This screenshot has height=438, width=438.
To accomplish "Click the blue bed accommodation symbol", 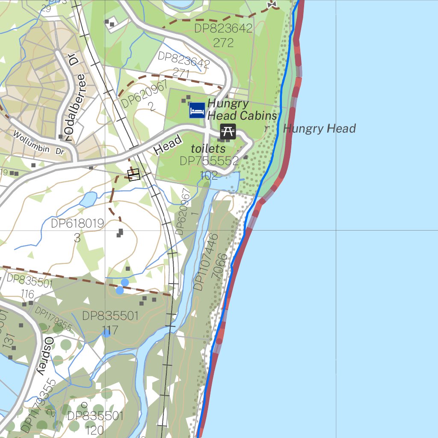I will (197, 110).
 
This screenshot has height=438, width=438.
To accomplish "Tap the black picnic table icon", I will (228, 131).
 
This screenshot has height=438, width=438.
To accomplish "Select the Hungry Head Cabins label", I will (242, 109).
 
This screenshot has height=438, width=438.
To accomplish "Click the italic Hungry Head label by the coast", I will (319, 129).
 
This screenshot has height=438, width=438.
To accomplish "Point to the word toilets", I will (208, 149).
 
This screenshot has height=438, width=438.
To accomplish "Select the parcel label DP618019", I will (77, 224).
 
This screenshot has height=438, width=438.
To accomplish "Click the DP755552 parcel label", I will (209, 161).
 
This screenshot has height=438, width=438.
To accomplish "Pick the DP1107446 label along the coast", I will (206, 262).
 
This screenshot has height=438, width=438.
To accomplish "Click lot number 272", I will (223, 43).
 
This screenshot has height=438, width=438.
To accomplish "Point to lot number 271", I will (181, 74).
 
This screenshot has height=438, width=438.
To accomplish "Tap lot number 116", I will (27, 294).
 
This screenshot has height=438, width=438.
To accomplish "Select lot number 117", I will (110, 330).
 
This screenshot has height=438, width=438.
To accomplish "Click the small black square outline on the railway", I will (134, 175).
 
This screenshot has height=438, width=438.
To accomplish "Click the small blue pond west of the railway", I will (88, 199).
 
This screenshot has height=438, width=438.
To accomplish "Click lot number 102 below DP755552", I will (209, 175).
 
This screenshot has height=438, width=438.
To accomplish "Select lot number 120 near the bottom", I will (95, 429).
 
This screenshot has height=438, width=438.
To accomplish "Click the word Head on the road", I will (167, 145).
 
